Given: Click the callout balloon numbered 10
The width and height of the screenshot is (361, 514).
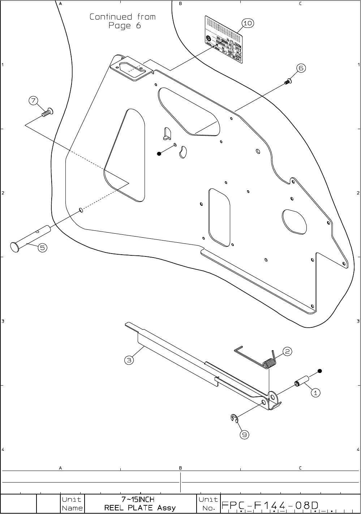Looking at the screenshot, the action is (248, 24).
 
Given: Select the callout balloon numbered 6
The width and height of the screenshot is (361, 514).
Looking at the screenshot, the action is (301, 68).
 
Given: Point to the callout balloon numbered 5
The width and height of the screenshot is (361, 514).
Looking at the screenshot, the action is (43, 248).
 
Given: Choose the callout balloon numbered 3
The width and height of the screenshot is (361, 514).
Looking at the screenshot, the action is (129, 360).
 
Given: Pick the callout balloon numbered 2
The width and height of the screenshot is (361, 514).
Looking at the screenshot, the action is (287, 351).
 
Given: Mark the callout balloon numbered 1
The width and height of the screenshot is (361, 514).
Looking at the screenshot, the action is (315, 392).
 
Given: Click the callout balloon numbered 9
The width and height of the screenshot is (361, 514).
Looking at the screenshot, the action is (245, 435).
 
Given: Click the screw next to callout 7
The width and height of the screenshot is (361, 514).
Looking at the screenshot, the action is (47, 113).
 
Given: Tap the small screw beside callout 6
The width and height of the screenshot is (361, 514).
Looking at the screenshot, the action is (288, 81).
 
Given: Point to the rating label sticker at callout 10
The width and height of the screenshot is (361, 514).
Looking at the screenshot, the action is (223, 35).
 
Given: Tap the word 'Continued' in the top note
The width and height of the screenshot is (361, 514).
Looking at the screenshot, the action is (111, 17).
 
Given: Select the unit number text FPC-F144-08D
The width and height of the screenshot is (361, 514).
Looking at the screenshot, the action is (270, 505).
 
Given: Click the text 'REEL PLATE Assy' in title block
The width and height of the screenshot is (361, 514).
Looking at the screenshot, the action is (140, 508).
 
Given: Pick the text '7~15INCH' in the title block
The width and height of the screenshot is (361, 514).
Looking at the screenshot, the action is (138, 500).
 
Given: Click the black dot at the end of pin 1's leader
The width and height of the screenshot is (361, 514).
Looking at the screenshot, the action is (319, 371).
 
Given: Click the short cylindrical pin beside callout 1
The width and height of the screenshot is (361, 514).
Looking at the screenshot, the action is (302, 381).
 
